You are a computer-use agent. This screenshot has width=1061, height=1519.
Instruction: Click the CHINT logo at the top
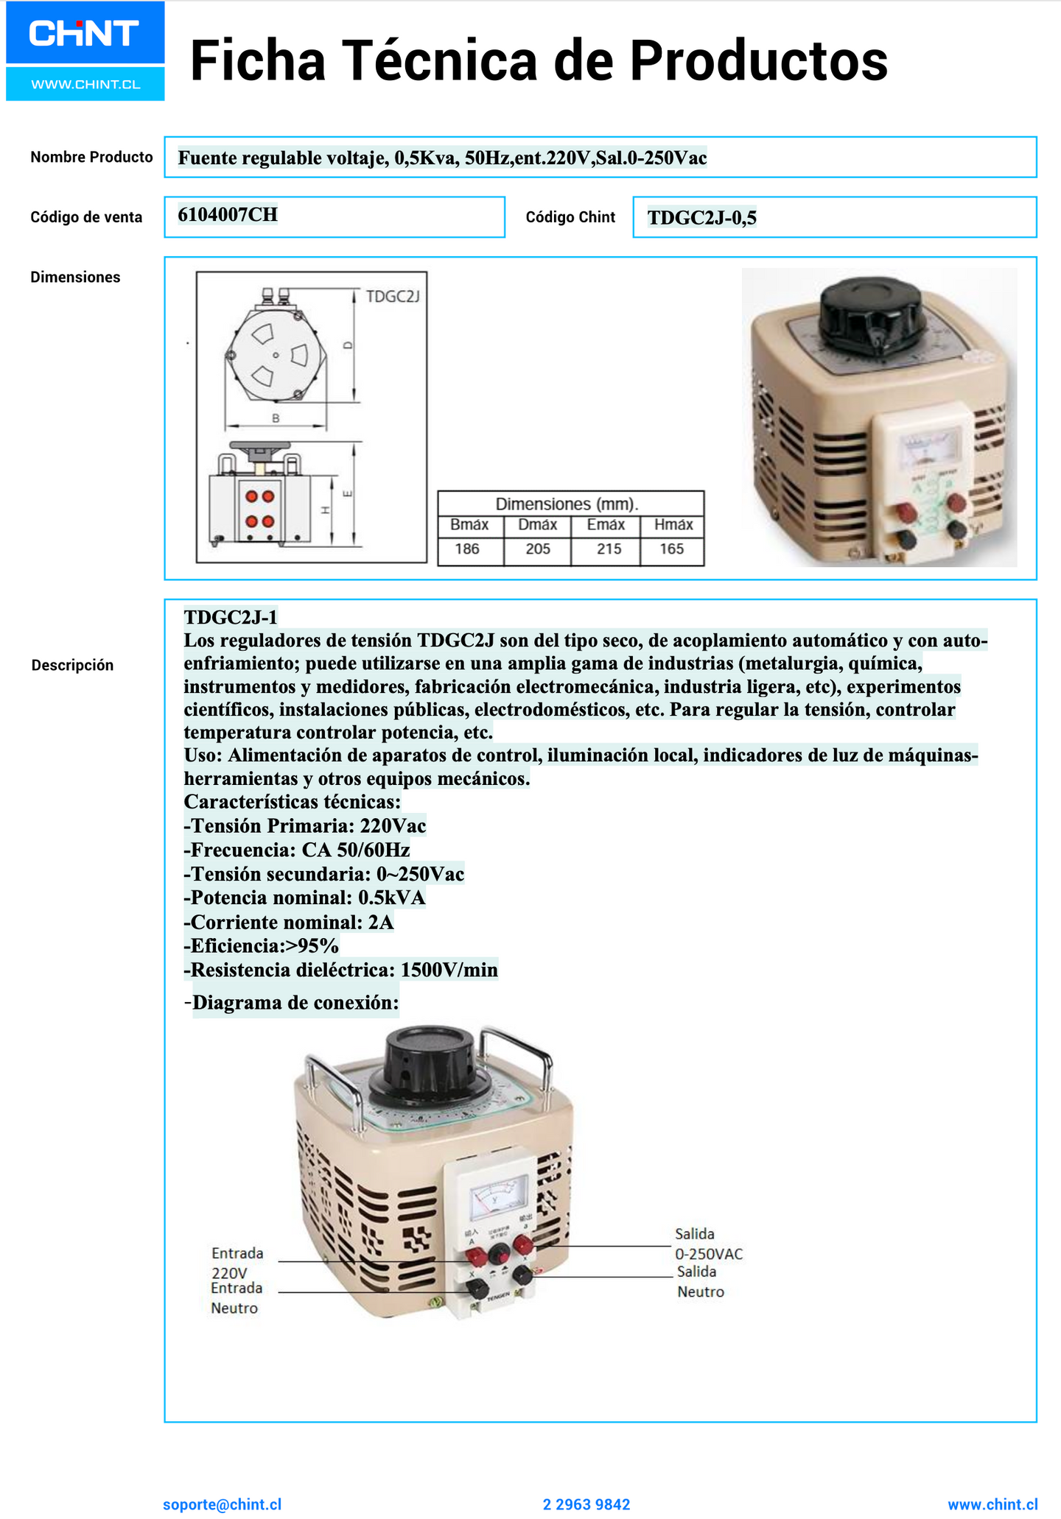point(85,34)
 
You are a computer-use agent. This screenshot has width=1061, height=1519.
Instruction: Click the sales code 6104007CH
point(228,215)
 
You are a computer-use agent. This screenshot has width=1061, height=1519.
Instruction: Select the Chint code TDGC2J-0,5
point(701,218)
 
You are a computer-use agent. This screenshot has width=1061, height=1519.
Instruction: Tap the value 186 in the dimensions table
point(467,549)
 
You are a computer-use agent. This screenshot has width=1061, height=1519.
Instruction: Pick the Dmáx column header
point(537,525)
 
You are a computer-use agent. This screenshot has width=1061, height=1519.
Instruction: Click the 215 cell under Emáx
point(609,549)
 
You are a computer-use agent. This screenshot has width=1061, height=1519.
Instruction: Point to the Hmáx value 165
point(671,549)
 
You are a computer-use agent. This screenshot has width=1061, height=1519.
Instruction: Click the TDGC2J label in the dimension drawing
point(393,297)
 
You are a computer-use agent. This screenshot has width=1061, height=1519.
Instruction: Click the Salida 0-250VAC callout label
point(708,1244)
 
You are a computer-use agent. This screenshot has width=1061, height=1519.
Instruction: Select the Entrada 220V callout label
point(237,1263)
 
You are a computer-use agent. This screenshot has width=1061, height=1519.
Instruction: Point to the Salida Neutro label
point(700,1282)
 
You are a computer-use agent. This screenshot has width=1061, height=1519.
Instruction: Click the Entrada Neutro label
point(236,1298)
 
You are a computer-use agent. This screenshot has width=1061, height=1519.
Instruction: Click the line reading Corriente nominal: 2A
point(289,923)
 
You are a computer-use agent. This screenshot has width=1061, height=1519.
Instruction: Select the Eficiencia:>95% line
point(262,946)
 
